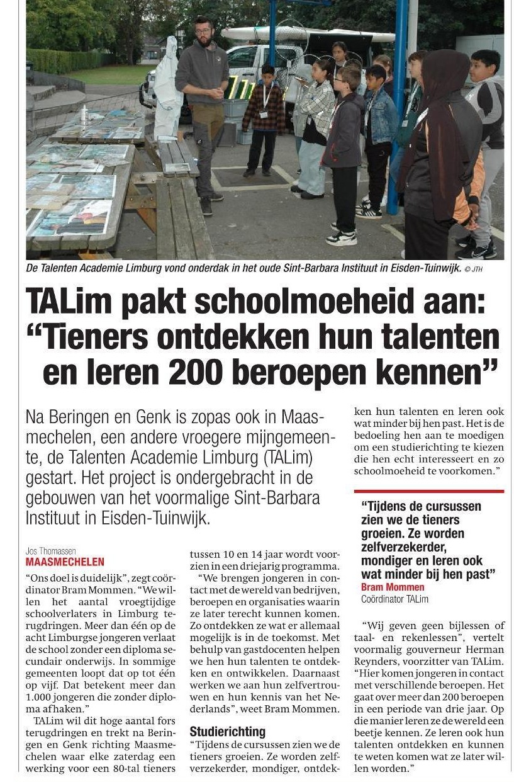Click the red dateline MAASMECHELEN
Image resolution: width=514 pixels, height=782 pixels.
(65, 562)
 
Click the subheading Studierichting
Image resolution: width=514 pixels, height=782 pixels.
(228, 732)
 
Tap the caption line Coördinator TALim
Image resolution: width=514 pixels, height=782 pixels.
(394, 599)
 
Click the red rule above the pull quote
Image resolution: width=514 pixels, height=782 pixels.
(428, 491)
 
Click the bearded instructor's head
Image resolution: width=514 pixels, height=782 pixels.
(203, 30)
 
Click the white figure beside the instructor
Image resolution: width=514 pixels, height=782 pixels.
(168, 88)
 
